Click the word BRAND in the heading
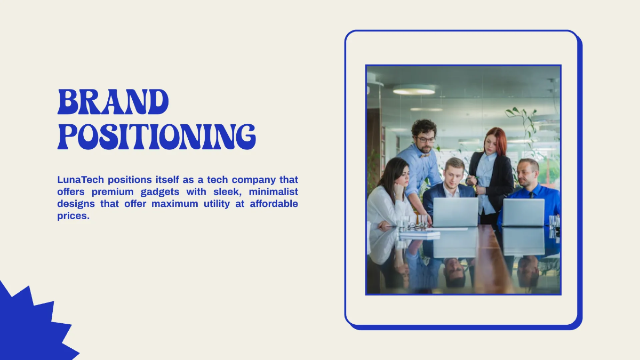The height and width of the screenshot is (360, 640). (x=113, y=102)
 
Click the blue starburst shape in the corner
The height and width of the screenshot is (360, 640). (x=27, y=328)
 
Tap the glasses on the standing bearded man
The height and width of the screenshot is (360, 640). (x=426, y=140)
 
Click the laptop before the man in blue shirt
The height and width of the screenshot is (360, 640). (x=523, y=212)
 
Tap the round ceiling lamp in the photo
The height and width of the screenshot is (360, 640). (x=414, y=90)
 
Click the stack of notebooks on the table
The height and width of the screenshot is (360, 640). (x=420, y=233)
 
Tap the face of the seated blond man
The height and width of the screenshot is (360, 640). (x=454, y=173)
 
